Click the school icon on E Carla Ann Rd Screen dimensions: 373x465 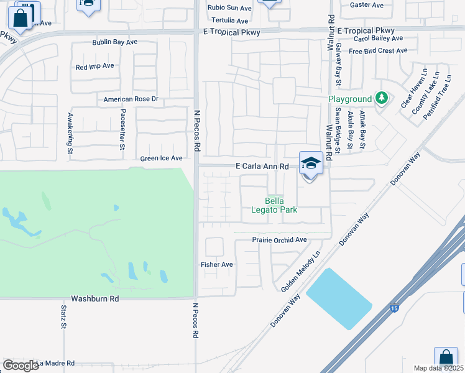(x=311, y=163)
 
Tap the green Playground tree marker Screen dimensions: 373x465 (x=381, y=98)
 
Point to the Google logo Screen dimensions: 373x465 (x=21, y=365)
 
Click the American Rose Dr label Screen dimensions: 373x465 (x=131, y=99)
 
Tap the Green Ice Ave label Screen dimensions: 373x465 (x=162, y=159)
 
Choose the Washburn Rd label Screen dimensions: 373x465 (x=94, y=298)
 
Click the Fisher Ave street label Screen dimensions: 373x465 (x=217, y=264)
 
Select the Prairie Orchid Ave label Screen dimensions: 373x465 (x=280, y=239)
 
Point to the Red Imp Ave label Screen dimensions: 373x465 (x=94, y=66)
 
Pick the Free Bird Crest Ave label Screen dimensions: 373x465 (x=376, y=51)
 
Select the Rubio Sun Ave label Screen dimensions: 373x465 (x=230, y=7)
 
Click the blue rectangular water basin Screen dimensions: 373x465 (x=339, y=299)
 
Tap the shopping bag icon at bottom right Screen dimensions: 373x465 (x=446, y=358)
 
